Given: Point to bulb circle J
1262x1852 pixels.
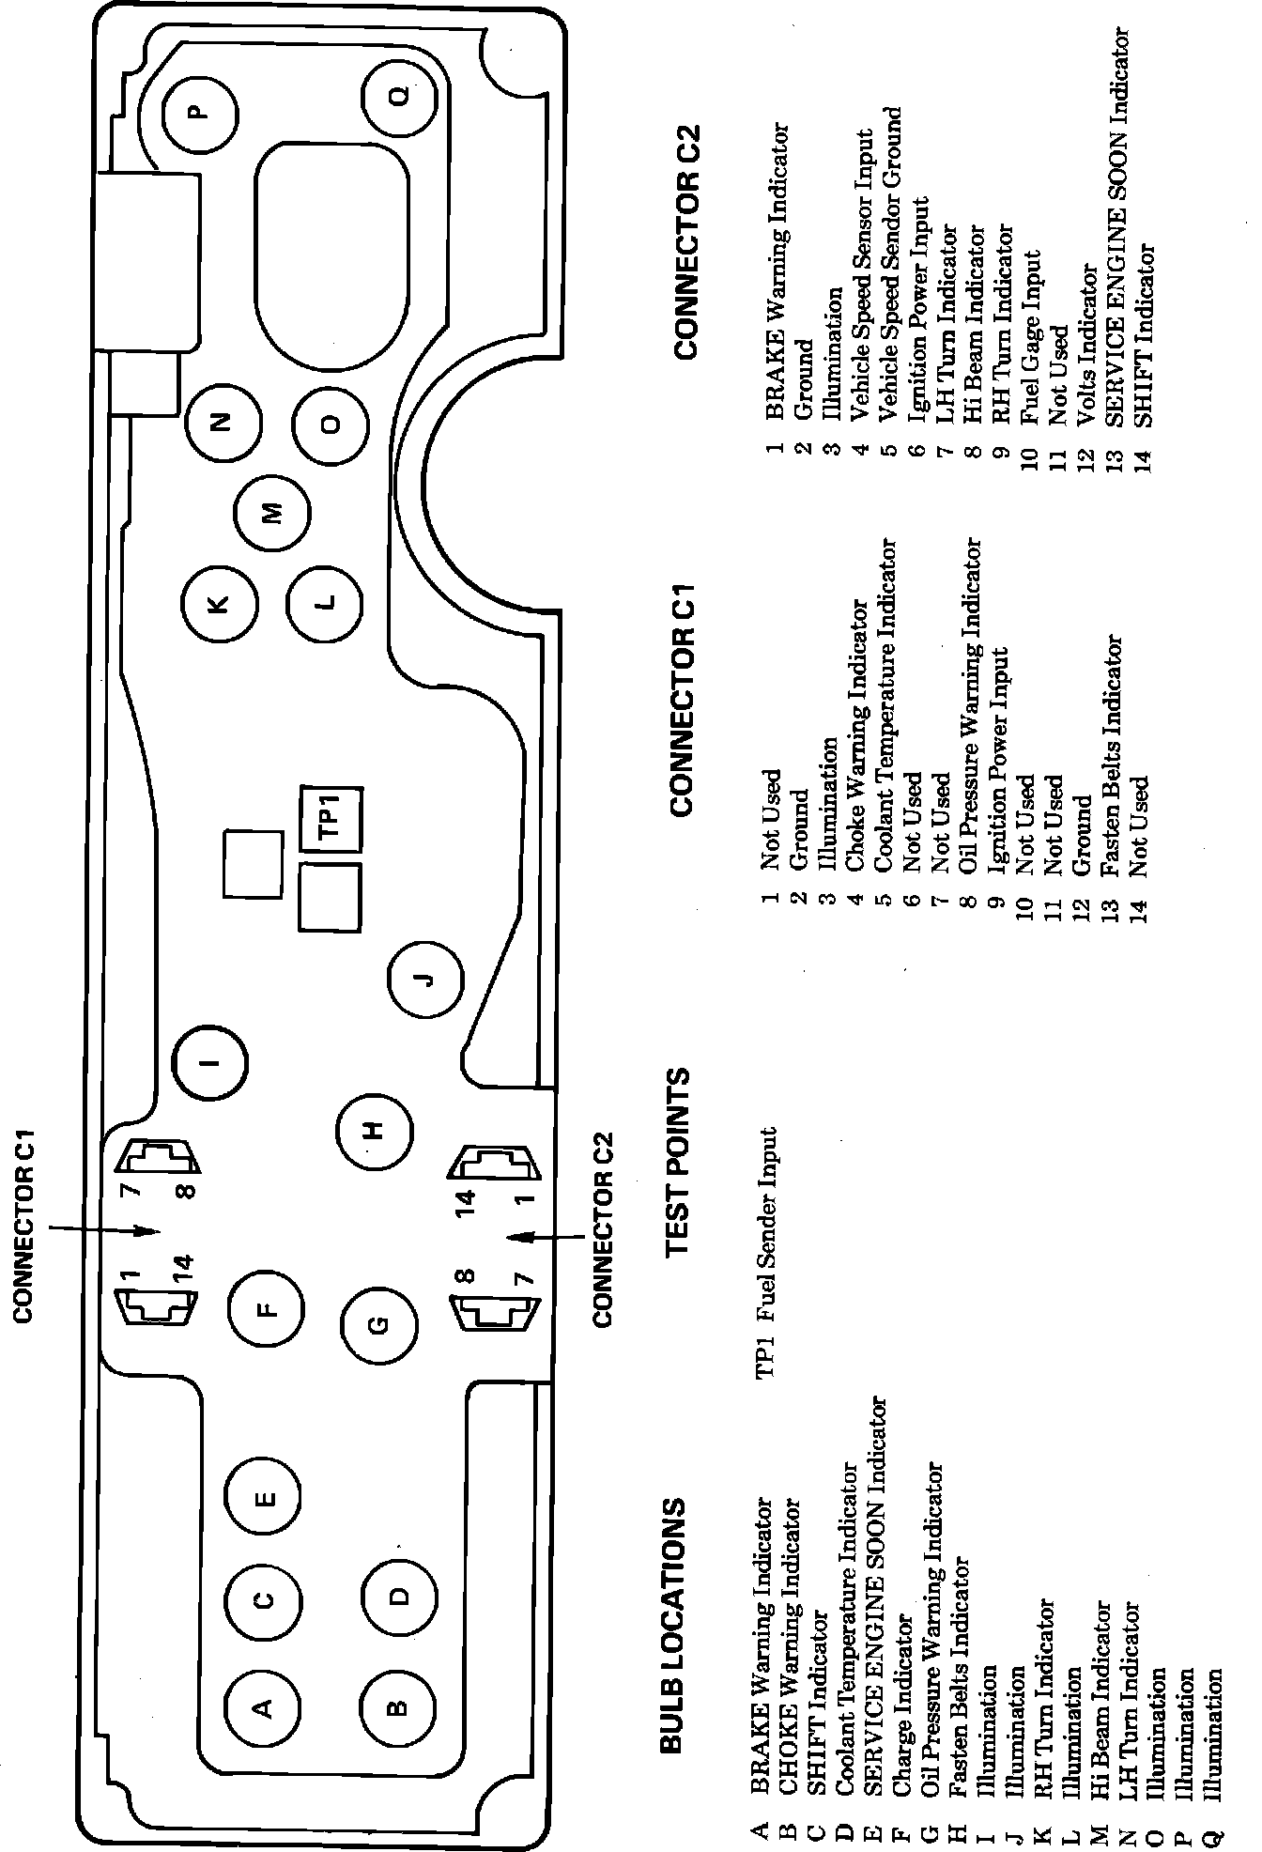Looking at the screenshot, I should pyautogui.click(x=425, y=980).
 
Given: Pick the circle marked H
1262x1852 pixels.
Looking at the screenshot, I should pyautogui.click(x=374, y=1130).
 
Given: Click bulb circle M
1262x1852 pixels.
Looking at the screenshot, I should pyautogui.click(x=271, y=513).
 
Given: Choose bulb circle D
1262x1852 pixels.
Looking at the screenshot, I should pyautogui.click(x=399, y=1596).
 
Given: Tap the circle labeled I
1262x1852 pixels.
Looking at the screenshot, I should pyautogui.click(x=210, y=1063).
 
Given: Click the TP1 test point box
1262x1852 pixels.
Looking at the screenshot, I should pyautogui.click(x=331, y=817).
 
